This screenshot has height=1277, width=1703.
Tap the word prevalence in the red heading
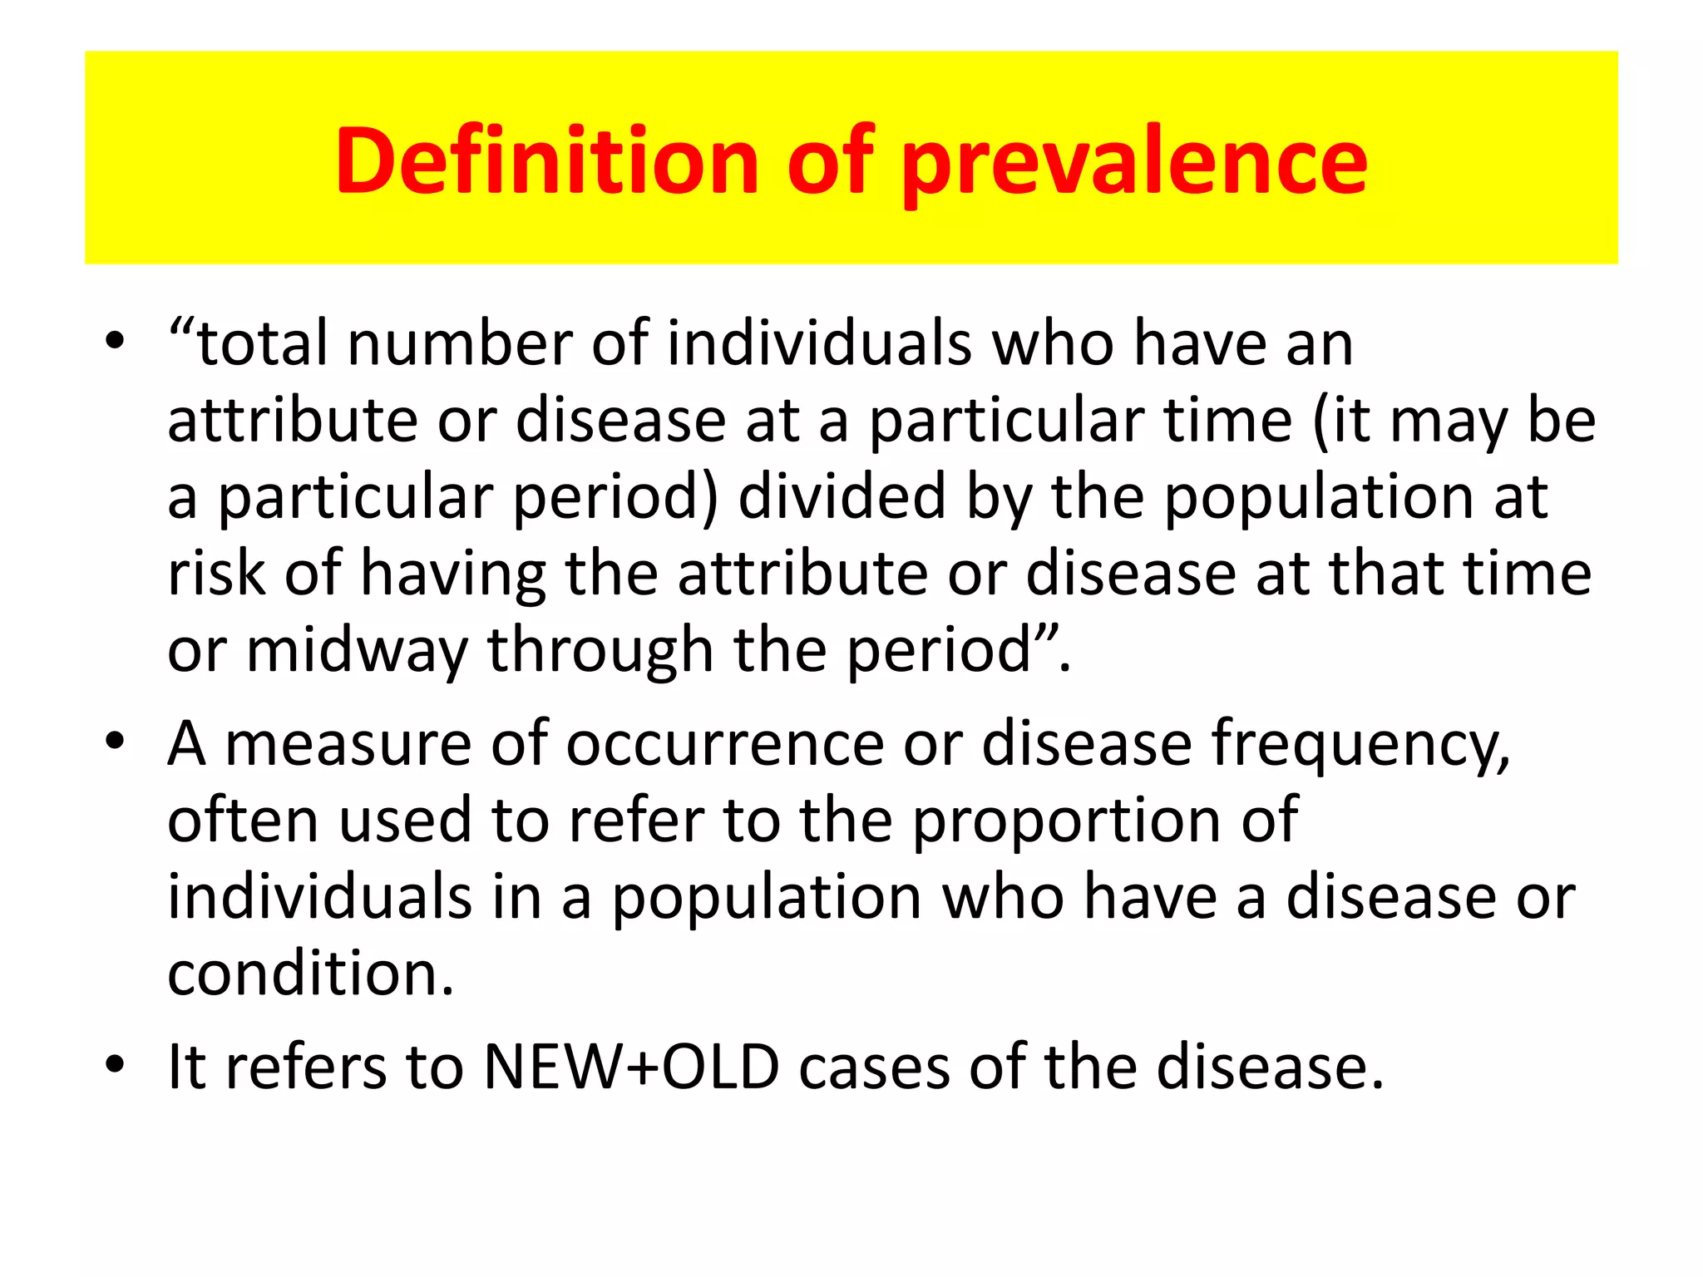[1134, 162]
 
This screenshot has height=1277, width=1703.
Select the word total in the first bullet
[263, 343]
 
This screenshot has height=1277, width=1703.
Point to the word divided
[842, 496]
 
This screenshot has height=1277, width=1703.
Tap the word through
[600, 651]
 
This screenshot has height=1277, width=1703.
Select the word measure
[348, 742]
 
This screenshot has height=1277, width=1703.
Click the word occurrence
[725, 742]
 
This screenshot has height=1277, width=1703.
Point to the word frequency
[1360, 744]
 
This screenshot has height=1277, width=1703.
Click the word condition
[309, 974]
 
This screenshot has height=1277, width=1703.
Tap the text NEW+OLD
[632, 1067]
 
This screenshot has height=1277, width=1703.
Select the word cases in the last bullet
[874, 1067]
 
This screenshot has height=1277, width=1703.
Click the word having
[453, 574]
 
